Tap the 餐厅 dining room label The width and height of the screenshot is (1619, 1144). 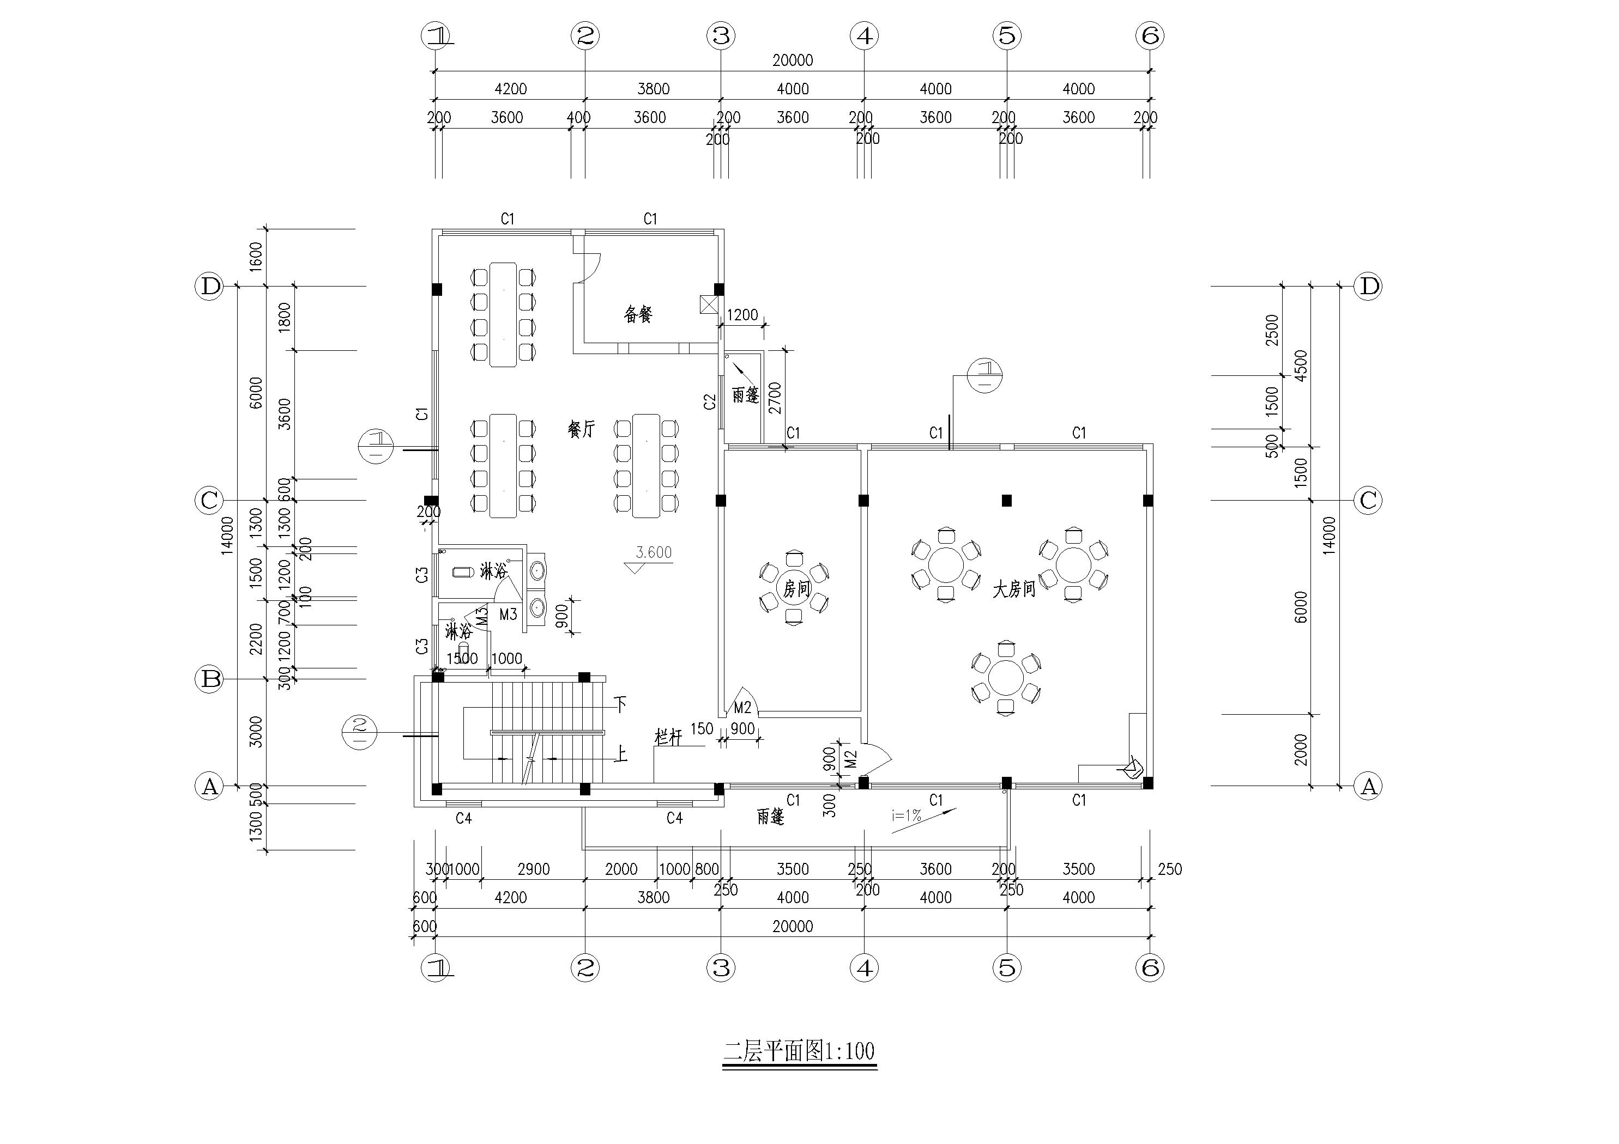point(581,429)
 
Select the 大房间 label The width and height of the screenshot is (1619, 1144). point(1014,589)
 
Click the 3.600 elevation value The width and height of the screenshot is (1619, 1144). point(654,552)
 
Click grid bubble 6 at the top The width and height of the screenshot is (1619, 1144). point(1150,35)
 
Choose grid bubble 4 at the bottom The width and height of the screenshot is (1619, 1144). point(865,968)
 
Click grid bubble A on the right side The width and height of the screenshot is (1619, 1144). point(1369,786)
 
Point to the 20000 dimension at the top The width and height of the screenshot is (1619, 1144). point(793,60)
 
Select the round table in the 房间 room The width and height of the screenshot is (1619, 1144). point(795,587)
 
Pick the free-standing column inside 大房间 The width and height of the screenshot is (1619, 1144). point(1007,501)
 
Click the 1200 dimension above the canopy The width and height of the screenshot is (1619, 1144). point(742,315)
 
